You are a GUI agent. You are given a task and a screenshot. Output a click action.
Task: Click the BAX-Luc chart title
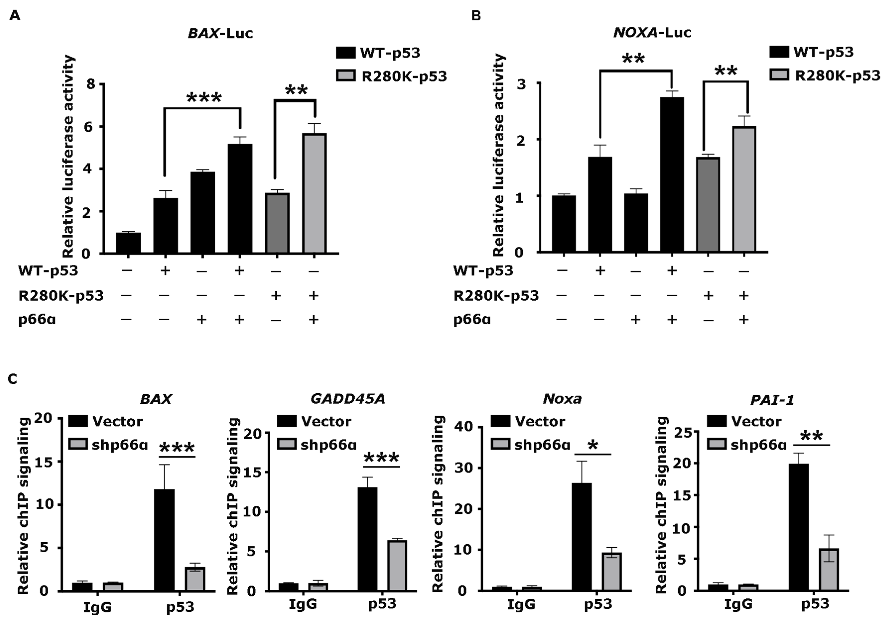[220, 34]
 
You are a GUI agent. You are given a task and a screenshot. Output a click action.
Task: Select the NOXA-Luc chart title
[652, 33]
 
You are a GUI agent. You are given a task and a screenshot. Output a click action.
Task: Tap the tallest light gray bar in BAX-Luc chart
[315, 193]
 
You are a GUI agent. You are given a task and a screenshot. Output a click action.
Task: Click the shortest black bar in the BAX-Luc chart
[128, 243]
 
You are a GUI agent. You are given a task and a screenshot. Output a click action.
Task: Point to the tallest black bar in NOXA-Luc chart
[672, 175]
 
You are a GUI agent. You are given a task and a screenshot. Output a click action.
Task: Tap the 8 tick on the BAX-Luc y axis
[91, 84]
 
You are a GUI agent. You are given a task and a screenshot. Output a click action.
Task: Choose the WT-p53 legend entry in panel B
[812, 52]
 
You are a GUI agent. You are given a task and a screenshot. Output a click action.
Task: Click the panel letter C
[13, 379]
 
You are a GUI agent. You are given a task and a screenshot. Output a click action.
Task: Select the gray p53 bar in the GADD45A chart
[397, 565]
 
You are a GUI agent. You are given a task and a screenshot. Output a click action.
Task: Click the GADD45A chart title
[348, 399]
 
